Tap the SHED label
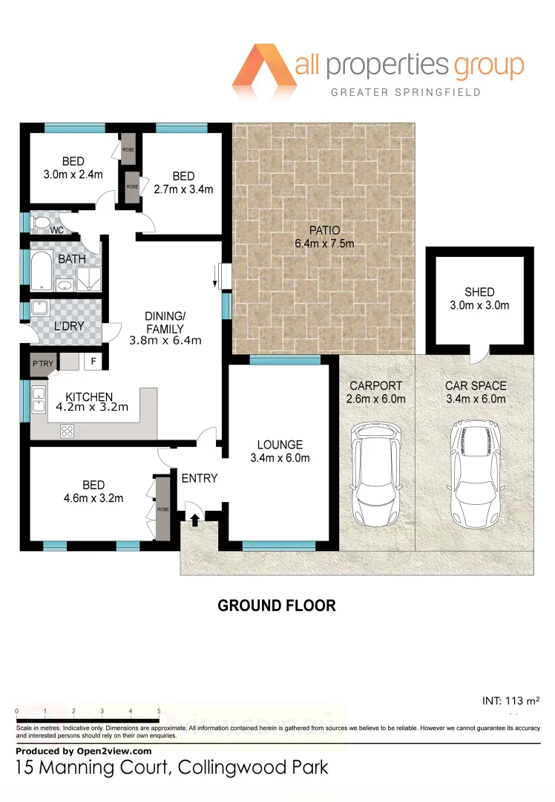point(479,292)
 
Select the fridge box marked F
point(93,362)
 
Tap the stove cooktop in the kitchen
point(67,430)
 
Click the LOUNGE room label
point(280,445)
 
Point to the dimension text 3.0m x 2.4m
point(73,175)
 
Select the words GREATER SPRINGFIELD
point(406,92)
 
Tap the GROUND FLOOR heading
point(276,606)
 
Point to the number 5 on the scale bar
point(159,711)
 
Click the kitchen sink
point(39,400)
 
